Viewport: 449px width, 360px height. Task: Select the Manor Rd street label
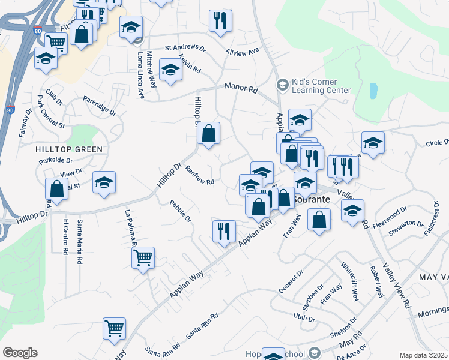point(241,88)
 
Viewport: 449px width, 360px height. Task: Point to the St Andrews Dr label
point(185,48)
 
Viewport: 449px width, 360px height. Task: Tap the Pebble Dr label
point(180,212)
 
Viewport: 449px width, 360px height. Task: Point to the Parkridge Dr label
point(100,105)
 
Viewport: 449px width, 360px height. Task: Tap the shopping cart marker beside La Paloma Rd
point(143,258)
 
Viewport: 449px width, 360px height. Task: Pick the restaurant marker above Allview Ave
point(221,21)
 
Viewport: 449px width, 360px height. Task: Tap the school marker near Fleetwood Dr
point(352,211)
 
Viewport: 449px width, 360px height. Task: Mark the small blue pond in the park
point(374,91)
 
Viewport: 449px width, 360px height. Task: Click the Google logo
point(20,353)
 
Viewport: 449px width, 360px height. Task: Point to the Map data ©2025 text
point(423,355)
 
